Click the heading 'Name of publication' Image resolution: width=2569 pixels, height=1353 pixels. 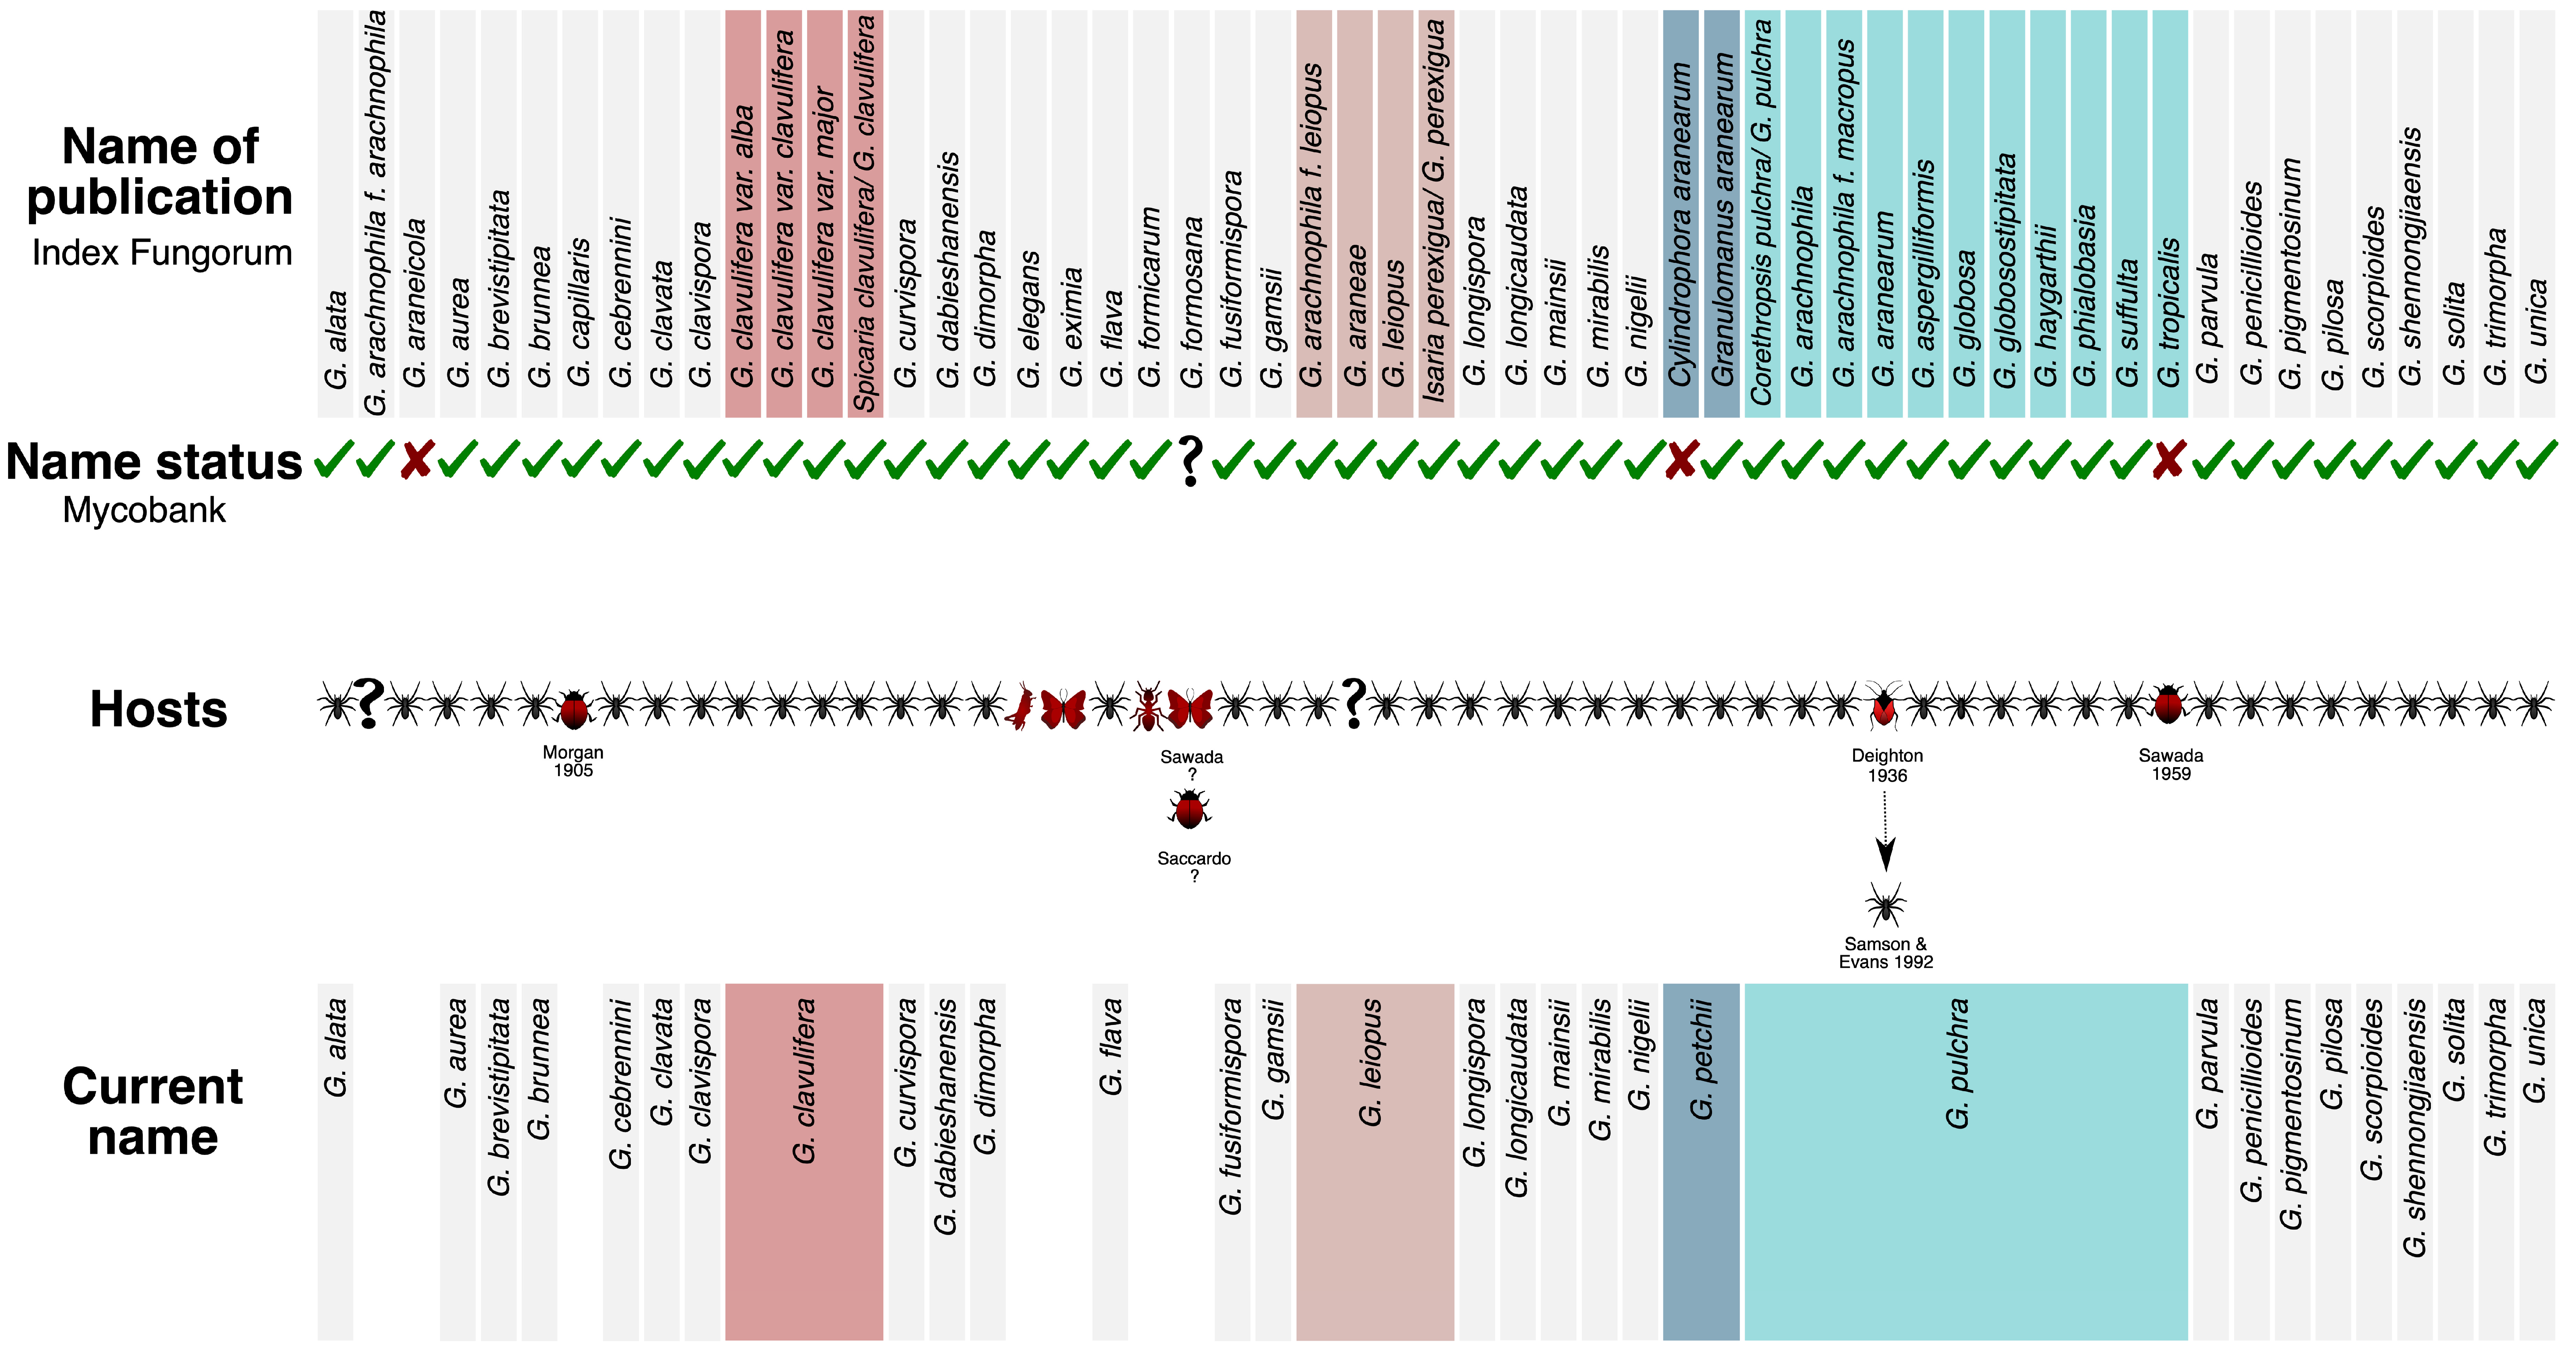click(160, 171)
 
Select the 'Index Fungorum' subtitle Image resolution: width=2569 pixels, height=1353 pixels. click(162, 253)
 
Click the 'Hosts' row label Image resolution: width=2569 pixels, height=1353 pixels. click(159, 709)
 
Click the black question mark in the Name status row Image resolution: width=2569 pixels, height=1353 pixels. click(1190, 462)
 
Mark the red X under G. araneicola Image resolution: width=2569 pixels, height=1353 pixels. click(416, 461)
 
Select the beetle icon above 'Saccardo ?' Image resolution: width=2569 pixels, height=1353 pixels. click(1190, 809)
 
